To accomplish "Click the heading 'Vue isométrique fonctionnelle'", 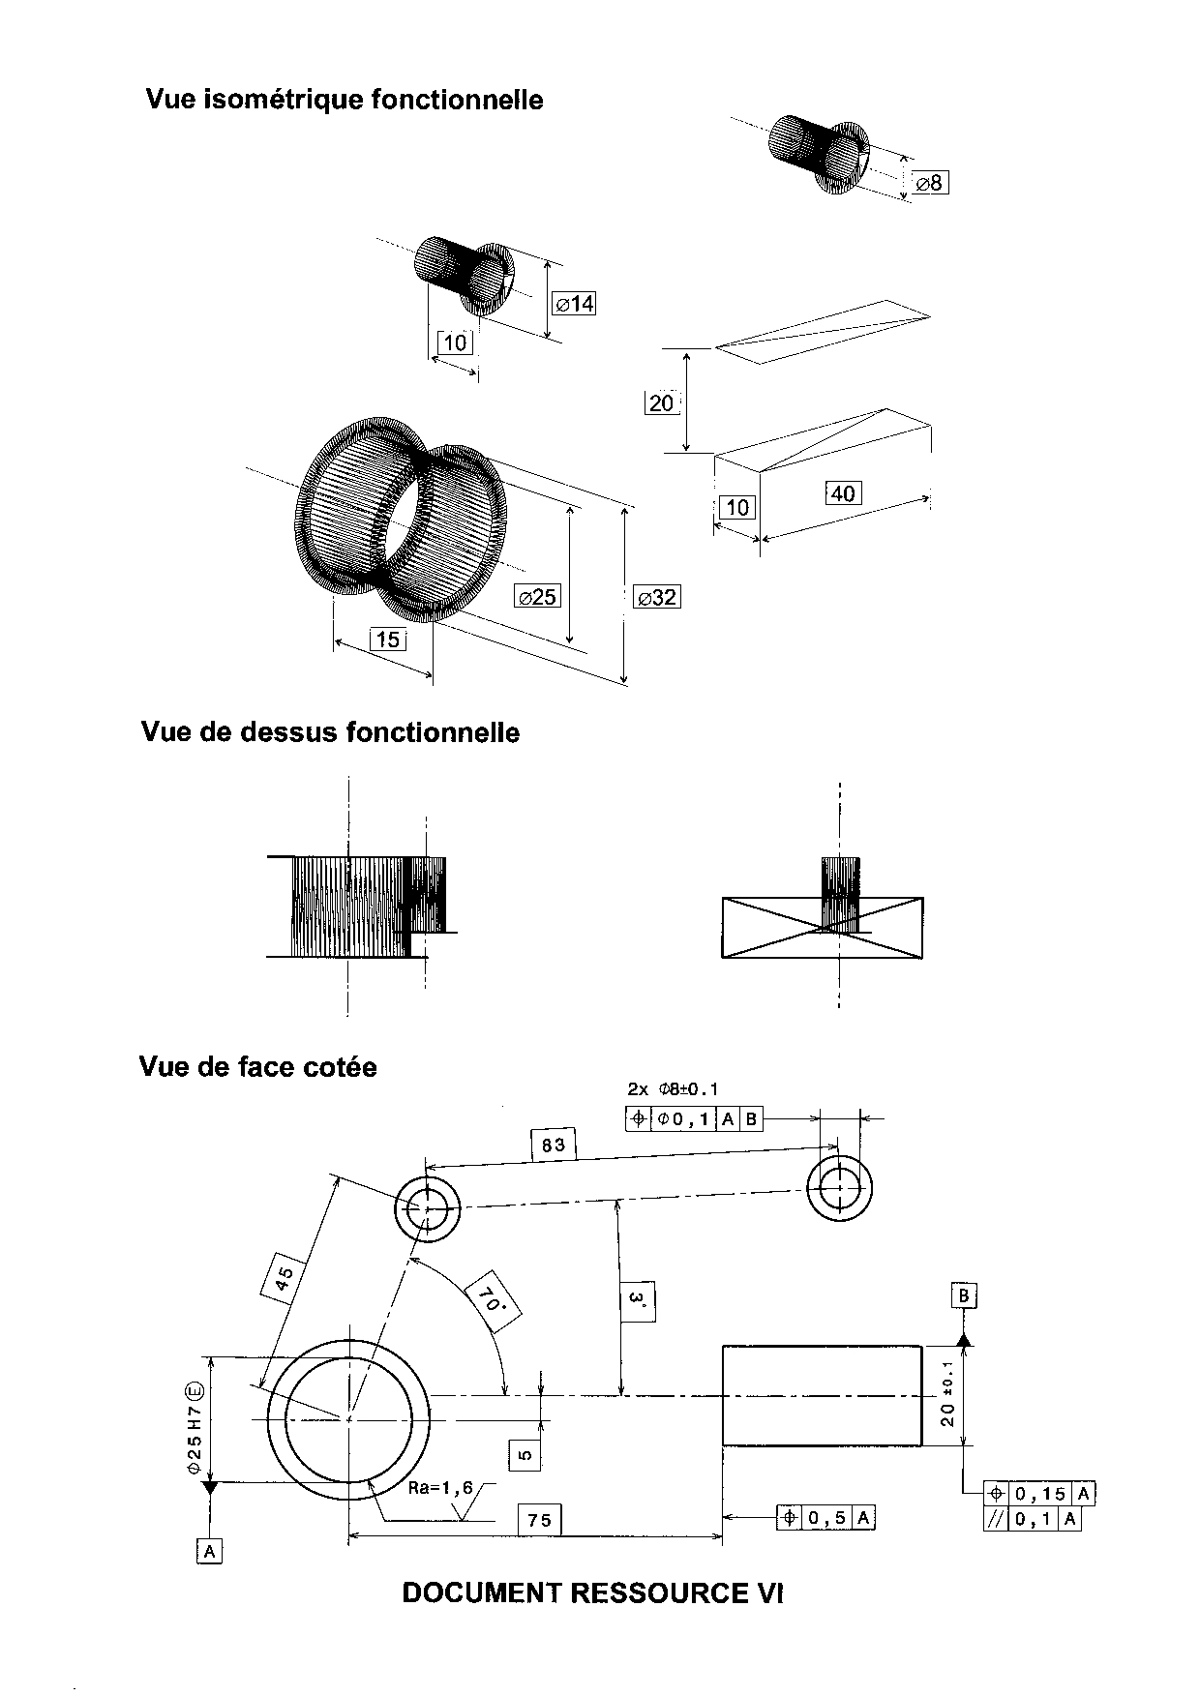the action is pos(345,100).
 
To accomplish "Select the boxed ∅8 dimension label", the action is pos(930,182).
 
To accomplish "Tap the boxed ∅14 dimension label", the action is pos(574,304).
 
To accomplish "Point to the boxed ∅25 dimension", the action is pos(537,596).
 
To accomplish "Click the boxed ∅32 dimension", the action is pos(656,597).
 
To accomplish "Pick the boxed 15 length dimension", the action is pos(387,639).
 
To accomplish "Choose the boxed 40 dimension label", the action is pos(843,493).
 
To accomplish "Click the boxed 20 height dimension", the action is pos(662,402).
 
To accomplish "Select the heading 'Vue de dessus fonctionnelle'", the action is pos(330,732).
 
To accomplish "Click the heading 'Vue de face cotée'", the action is pos(258,1067).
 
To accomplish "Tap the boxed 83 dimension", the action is pos(554,1146).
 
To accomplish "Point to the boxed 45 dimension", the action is pos(285,1280).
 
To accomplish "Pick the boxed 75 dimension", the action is pos(539,1520).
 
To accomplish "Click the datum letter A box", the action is pos(209,1552).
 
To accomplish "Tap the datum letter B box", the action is pos(964,1295).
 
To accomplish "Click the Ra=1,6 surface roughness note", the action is pos(440,1488).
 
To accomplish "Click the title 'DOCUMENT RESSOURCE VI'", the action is pos(592,1592).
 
